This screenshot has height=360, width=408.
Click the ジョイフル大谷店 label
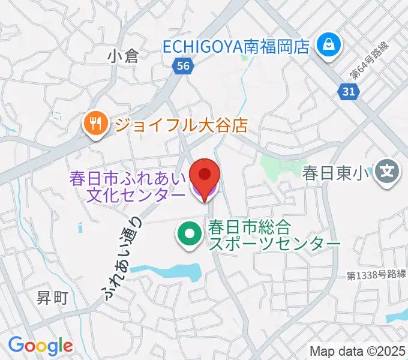coord(181,125)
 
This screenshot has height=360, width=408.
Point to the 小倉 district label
coord(123,56)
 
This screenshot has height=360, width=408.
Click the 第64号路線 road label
coord(369,61)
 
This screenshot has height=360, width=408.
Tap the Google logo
coord(41,345)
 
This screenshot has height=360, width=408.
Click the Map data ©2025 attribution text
coord(358,351)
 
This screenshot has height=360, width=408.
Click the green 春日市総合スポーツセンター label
coord(274,235)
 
